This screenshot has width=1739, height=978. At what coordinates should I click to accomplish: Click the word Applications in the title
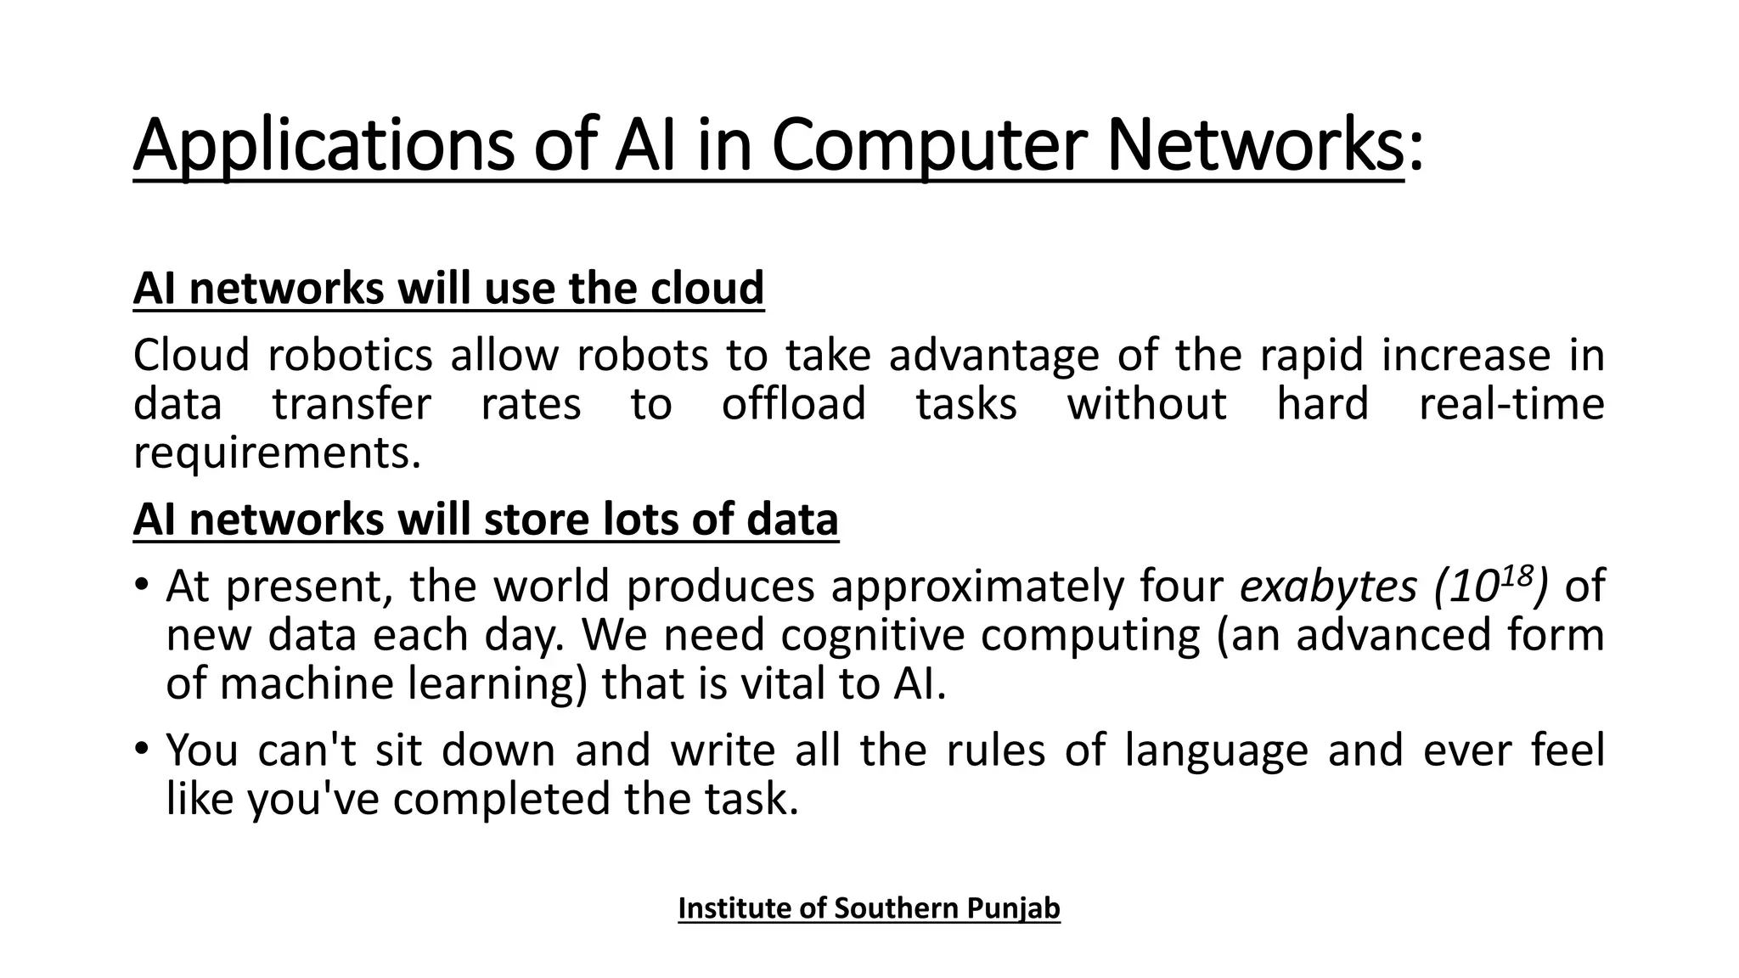point(323,147)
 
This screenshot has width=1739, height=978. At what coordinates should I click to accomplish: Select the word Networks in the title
point(1255,147)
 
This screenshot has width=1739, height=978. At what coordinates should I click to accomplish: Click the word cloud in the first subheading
point(707,289)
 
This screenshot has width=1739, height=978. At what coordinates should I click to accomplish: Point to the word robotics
point(350,355)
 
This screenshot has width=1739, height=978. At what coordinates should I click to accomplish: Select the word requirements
point(277,452)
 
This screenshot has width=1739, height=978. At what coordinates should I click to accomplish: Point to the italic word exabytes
point(1328,586)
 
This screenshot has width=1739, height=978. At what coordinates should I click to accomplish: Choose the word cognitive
point(873,635)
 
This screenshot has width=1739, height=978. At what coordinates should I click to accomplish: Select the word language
point(1216,750)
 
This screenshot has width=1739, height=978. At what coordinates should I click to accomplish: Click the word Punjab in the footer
point(1014,908)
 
